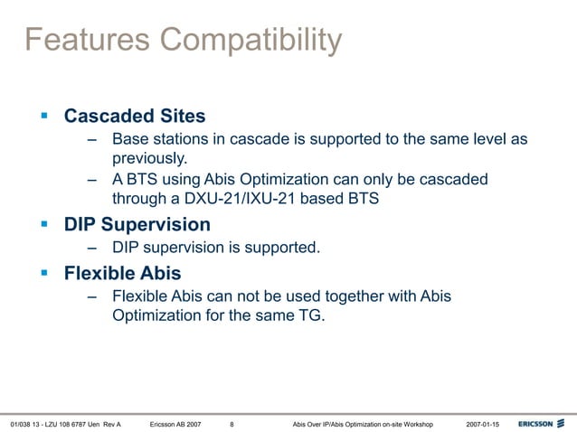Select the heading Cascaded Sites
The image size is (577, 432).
134,117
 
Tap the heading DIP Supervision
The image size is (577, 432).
137,224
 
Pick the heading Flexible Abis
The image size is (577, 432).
122,273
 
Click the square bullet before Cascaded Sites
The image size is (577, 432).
43,117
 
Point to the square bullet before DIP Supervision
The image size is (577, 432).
43,224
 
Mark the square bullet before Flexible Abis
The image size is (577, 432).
43,273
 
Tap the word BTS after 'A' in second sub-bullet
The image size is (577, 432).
144,179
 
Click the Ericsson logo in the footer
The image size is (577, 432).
542,423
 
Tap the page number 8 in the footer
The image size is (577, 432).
232,423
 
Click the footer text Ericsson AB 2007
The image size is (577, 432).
175,423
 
